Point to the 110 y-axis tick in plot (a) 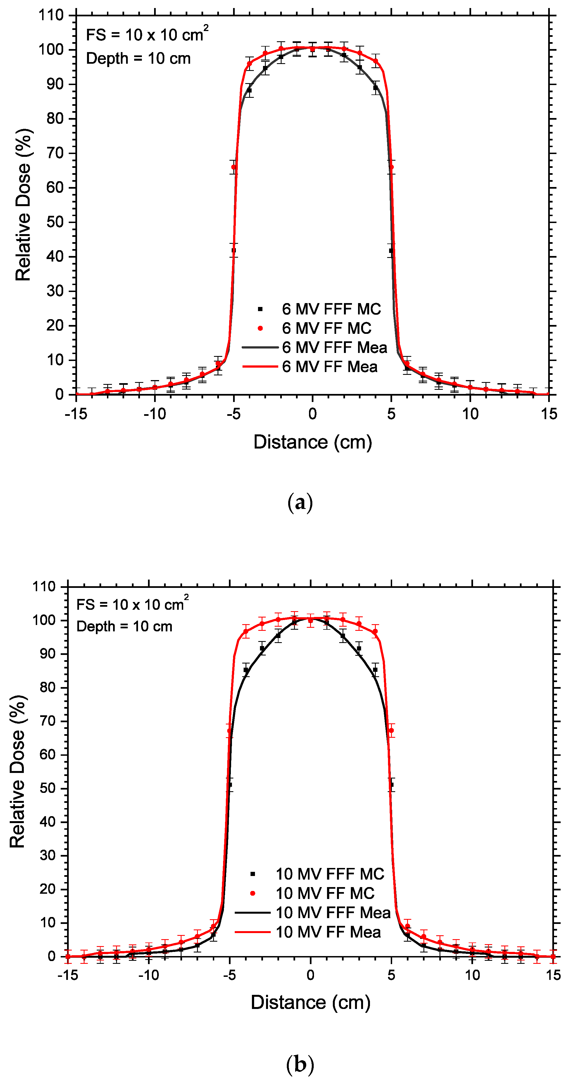click(51, 16)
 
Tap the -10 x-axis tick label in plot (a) click(155, 414)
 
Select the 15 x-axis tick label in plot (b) click(553, 975)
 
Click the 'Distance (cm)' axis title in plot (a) click(313, 442)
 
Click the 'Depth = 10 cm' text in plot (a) click(138, 59)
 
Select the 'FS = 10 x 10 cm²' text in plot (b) click(132, 604)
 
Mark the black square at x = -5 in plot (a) click(234, 250)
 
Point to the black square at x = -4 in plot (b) click(246, 670)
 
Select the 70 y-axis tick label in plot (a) click(55, 153)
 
